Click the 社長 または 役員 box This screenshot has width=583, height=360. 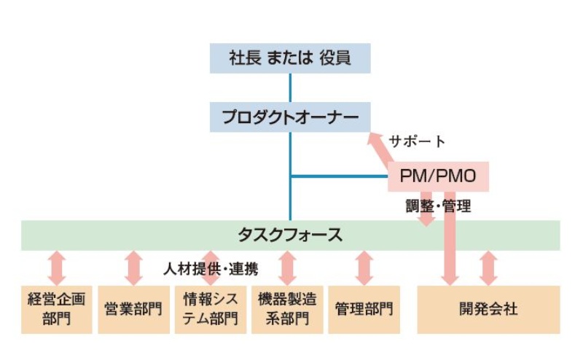point(290,58)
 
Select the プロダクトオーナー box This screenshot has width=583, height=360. point(290,117)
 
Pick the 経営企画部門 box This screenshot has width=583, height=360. point(57,309)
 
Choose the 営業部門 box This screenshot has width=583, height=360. point(133,309)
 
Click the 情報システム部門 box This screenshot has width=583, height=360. point(211,309)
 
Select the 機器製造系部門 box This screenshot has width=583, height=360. point(287,309)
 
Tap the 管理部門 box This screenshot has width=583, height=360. point(364,309)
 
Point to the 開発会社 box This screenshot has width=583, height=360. point(488,309)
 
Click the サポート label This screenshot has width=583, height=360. point(417,141)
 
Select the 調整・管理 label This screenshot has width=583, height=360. point(438,206)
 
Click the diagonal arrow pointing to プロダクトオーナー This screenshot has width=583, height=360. point(382,149)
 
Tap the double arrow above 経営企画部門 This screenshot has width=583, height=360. point(57,268)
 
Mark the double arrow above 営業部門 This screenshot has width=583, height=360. point(133,268)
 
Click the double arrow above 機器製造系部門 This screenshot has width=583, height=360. point(287,268)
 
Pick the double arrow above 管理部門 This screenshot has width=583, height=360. point(364,268)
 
